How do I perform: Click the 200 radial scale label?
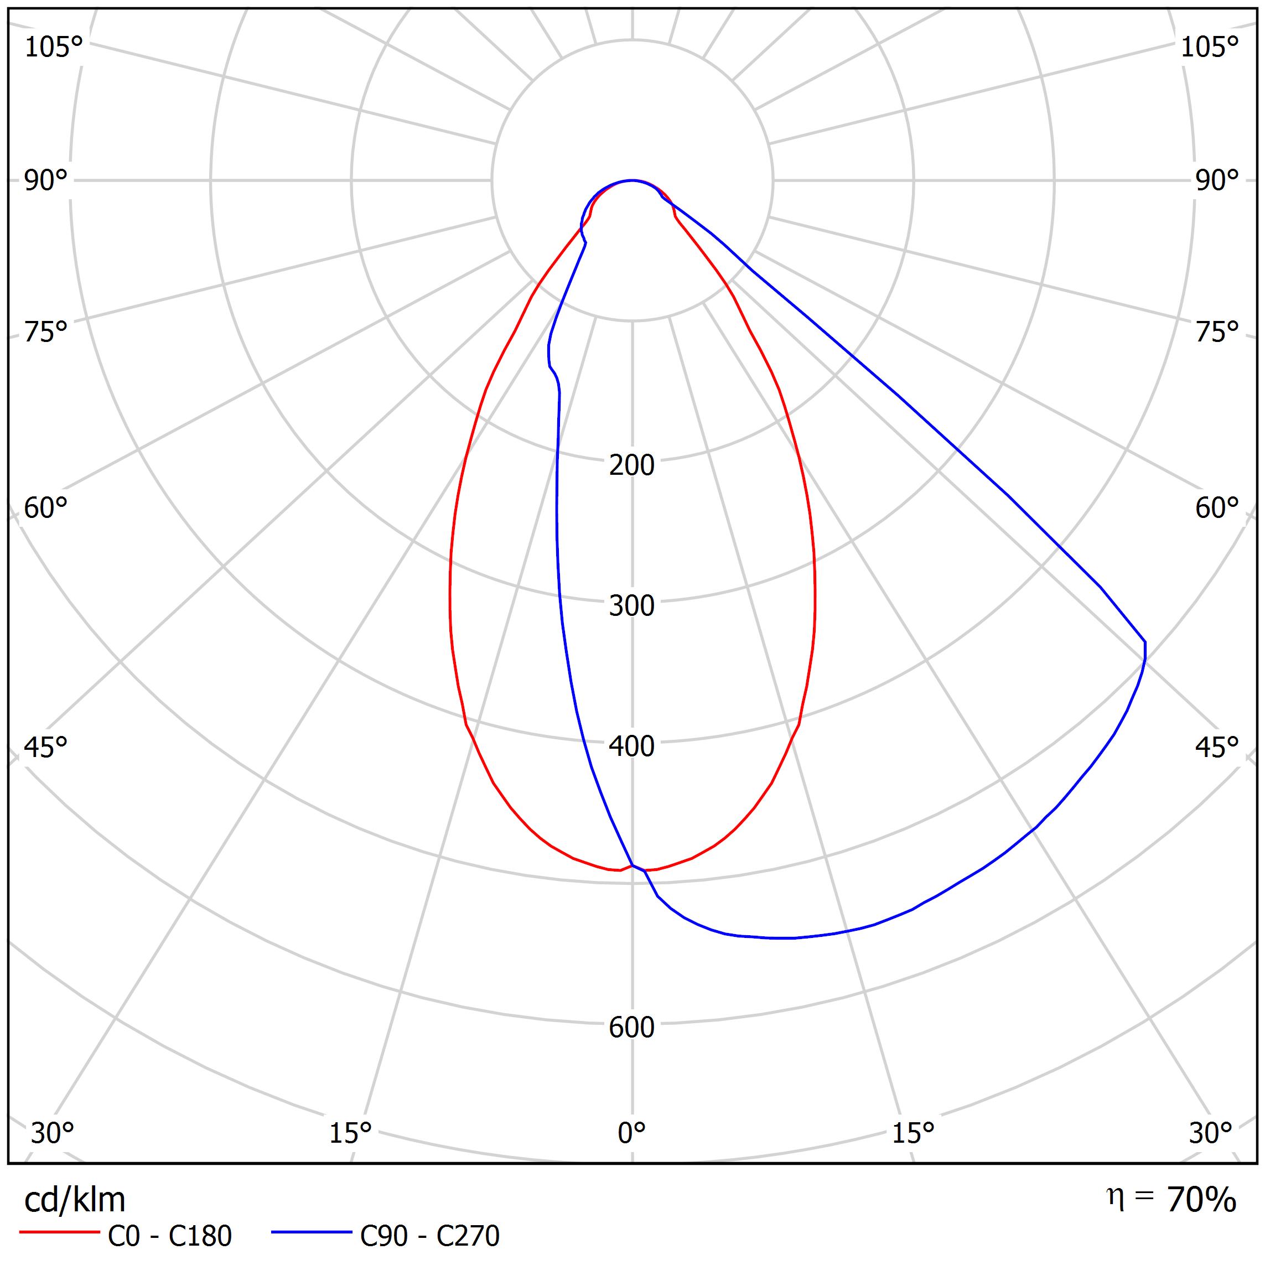[x=631, y=465]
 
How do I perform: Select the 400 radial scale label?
[x=631, y=746]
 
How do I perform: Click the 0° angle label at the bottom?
[x=631, y=1132]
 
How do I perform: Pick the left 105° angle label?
[x=53, y=48]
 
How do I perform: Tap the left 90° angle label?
[x=46, y=181]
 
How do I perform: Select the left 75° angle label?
[x=46, y=332]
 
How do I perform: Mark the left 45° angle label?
[x=46, y=747]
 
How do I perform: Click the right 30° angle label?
[x=1211, y=1133]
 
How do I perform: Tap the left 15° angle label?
[x=350, y=1133]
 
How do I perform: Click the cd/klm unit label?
[x=75, y=1200]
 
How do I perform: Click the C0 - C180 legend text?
[x=169, y=1236]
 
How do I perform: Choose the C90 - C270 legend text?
[x=429, y=1236]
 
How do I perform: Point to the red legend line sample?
[x=59, y=1233]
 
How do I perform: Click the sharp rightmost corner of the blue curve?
[x=1145, y=642]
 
